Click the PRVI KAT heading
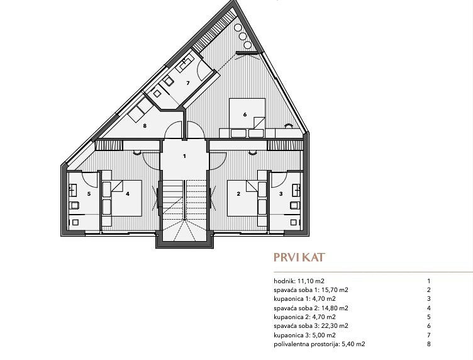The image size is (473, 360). tap(299, 257)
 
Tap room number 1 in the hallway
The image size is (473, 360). tap(185, 156)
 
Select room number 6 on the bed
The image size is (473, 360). tap(245, 115)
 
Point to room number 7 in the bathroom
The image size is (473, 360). tap(188, 83)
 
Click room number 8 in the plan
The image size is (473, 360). tap(145, 126)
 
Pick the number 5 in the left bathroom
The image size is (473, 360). tap(89, 194)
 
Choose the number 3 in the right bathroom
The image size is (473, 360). tap(281, 194)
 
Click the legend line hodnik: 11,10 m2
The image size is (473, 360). tap(299, 281)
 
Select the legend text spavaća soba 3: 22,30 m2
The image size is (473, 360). tap(311, 326)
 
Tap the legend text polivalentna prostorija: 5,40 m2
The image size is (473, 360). tap(320, 344)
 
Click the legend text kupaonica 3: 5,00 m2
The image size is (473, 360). tap(304, 335)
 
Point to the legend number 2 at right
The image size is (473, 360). tap(429, 290)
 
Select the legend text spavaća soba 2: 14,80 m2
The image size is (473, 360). tap(311, 308)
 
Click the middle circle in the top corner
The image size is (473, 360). tap(243, 37)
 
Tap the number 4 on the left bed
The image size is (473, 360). tap(128, 194)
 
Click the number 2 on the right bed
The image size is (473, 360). tap(238, 194)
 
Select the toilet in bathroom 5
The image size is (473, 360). tap(74, 206)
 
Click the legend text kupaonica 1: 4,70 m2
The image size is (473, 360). tap(304, 299)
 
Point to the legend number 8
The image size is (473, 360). tap(429, 344)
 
